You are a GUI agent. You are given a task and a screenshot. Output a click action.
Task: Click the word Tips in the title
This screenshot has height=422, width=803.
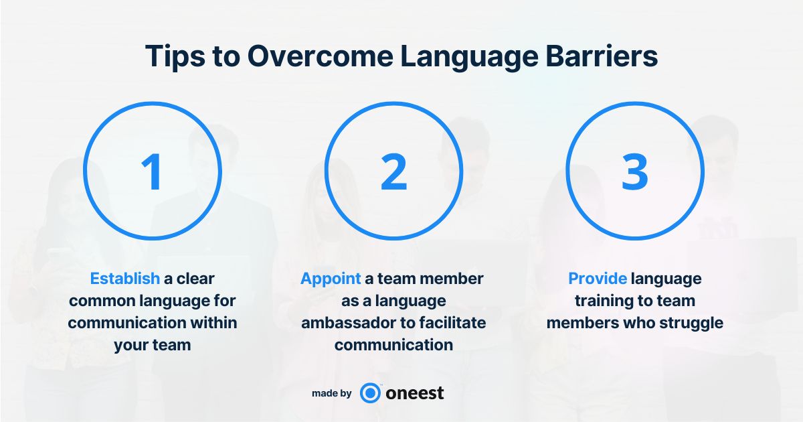(175, 56)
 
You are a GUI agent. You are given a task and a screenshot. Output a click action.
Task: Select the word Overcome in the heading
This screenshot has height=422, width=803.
(320, 56)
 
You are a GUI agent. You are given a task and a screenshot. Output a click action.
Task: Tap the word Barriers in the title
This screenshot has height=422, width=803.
(602, 56)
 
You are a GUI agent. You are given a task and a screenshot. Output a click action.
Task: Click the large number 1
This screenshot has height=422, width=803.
(152, 171)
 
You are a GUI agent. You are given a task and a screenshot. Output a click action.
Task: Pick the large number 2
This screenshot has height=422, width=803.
(393, 171)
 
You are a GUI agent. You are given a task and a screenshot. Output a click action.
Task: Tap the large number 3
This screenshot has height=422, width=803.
(635, 171)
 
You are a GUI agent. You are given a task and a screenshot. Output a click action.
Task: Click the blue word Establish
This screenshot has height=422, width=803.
(124, 279)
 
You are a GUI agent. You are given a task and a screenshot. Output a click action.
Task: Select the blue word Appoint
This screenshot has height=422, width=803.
(331, 279)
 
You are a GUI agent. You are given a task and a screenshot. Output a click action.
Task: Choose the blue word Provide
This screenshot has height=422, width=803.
(598, 279)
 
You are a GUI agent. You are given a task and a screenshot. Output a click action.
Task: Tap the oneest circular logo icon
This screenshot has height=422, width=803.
(370, 393)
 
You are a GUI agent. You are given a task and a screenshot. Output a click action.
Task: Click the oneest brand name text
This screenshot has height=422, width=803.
(415, 393)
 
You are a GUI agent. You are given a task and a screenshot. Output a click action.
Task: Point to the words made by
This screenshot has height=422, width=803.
(332, 394)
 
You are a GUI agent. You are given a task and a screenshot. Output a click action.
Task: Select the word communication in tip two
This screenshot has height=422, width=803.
(393, 345)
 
